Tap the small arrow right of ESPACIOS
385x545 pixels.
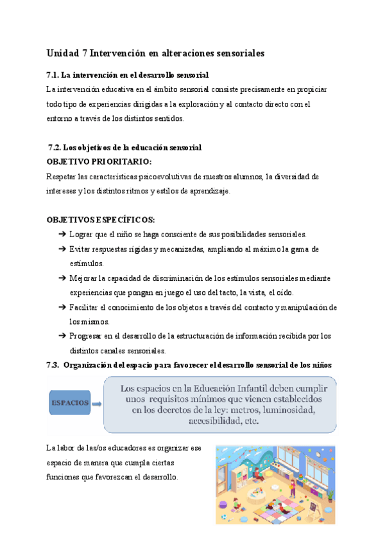click(96, 404)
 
